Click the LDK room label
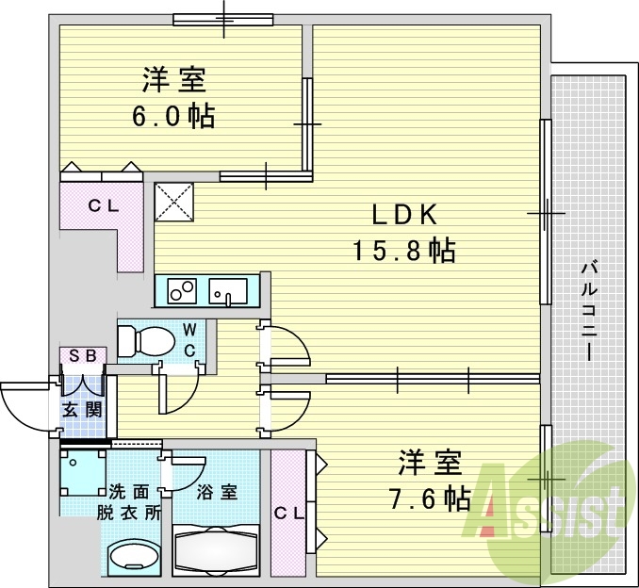[404, 215]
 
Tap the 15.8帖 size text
[404, 251]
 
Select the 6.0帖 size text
[174, 116]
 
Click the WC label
[190, 339]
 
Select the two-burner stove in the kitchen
[182, 291]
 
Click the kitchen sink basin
[226, 291]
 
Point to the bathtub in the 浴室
[216, 548]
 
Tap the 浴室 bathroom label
[217, 492]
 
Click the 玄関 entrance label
[82, 410]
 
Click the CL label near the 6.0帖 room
[103, 206]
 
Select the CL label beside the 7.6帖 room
[288, 514]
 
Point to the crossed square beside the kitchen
[174, 201]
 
